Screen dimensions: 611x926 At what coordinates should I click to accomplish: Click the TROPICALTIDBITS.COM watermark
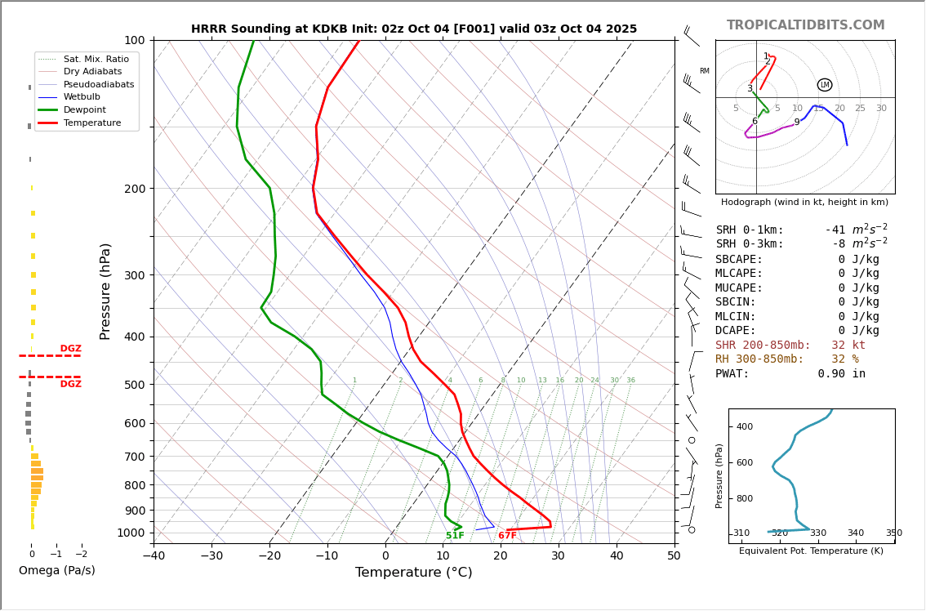[805, 25]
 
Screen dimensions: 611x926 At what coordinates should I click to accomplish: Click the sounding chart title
[414, 29]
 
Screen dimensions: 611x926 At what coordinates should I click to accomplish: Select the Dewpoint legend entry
[86, 109]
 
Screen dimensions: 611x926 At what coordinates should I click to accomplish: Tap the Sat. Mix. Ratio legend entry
[96, 59]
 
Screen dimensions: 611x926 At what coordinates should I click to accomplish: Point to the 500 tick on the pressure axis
[134, 385]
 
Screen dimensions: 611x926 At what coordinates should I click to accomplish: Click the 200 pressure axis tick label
[134, 189]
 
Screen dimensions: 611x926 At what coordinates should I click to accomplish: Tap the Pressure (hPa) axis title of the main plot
[105, 291]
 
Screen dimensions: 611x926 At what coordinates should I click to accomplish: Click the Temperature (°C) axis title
[413, 573]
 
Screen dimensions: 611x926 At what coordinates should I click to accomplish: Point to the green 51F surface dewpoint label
[455, 536]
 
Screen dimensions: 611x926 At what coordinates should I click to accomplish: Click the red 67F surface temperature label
[507, 536]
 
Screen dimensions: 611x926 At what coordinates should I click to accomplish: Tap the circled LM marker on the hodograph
[825, 85]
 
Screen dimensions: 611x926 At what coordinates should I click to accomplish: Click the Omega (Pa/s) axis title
[57, 570]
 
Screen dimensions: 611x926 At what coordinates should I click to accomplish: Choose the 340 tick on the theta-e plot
[855, 533]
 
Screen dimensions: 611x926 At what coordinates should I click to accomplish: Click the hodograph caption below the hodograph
[804, 202]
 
